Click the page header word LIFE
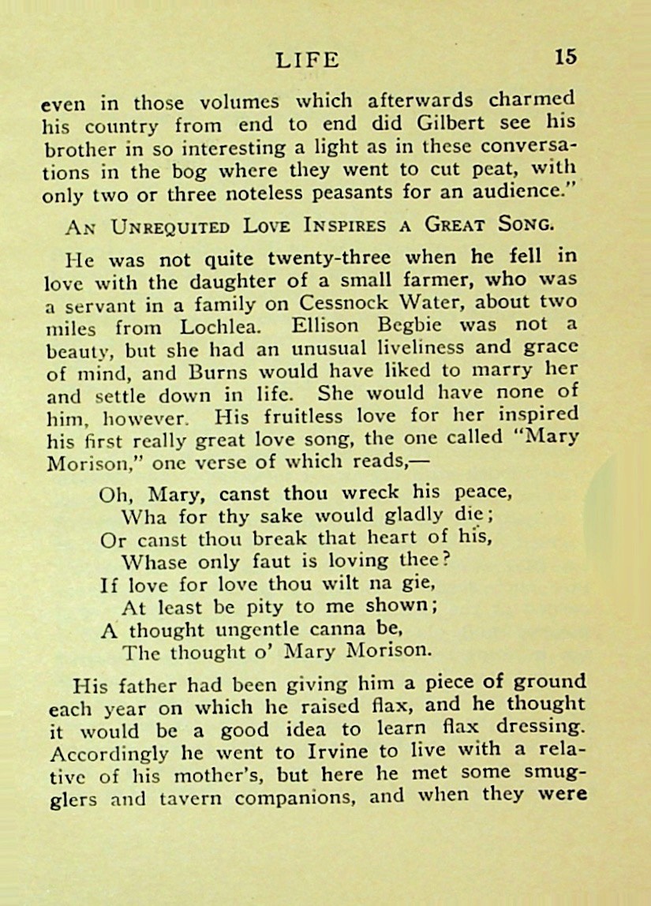pyautogui.click(x=308, y=60)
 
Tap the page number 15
pyautogui.click(x=565, y=58)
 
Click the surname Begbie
pyautogui.click(x=407, y=324)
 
